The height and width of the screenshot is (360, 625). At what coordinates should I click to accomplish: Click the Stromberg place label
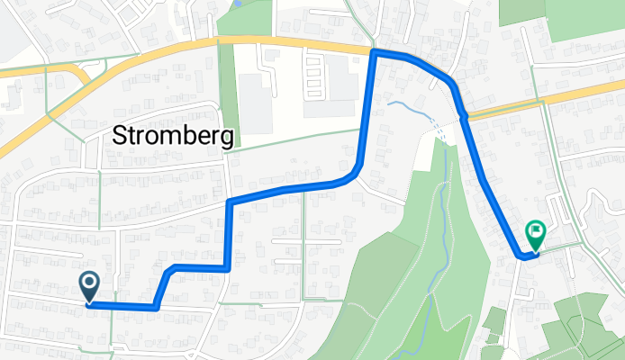point(176,136)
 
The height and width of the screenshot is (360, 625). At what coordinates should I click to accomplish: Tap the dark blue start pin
point(91,286)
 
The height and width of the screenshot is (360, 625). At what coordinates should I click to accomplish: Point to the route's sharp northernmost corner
point(374,53)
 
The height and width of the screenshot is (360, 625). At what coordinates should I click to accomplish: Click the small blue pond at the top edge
point(237,4)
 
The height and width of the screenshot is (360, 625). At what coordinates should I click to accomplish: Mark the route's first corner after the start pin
point(157,308)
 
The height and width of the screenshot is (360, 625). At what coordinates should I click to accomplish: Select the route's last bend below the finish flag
point(521,256)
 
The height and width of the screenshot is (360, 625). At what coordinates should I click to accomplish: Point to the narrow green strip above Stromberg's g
point(230,99)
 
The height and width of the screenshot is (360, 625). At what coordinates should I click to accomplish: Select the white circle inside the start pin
point(91,283)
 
